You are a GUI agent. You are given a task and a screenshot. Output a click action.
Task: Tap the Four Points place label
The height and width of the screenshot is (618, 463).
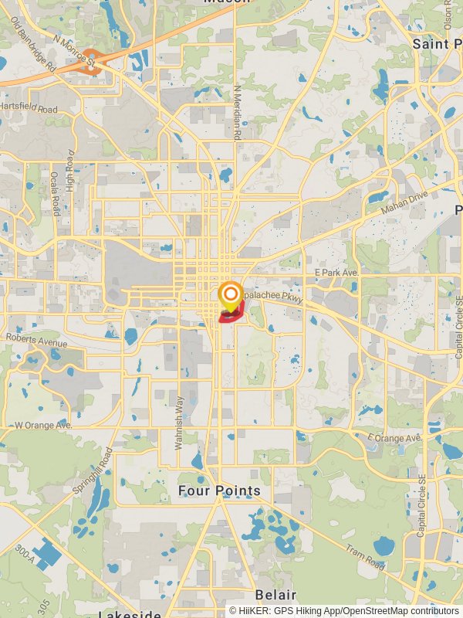coord(219,491)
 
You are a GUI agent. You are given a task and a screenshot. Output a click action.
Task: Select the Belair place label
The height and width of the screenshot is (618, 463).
coord(275,595)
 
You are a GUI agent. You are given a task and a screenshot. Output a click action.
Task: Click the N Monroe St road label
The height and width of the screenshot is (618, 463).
coord(73,49)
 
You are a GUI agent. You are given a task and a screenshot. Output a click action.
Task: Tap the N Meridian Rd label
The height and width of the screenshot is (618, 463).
coord(238,111)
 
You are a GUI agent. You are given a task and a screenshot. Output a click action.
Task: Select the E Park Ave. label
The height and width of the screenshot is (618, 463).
coord(337,273)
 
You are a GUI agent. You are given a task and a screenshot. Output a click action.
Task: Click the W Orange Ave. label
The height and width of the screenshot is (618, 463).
coord(43,426)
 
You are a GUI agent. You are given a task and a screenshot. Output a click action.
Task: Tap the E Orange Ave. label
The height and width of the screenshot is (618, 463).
coord(395,438)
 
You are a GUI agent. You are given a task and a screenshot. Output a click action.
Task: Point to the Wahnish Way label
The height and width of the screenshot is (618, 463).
coord(178,423)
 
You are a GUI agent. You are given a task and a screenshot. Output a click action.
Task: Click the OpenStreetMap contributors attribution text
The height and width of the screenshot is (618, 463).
coord(400,610)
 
